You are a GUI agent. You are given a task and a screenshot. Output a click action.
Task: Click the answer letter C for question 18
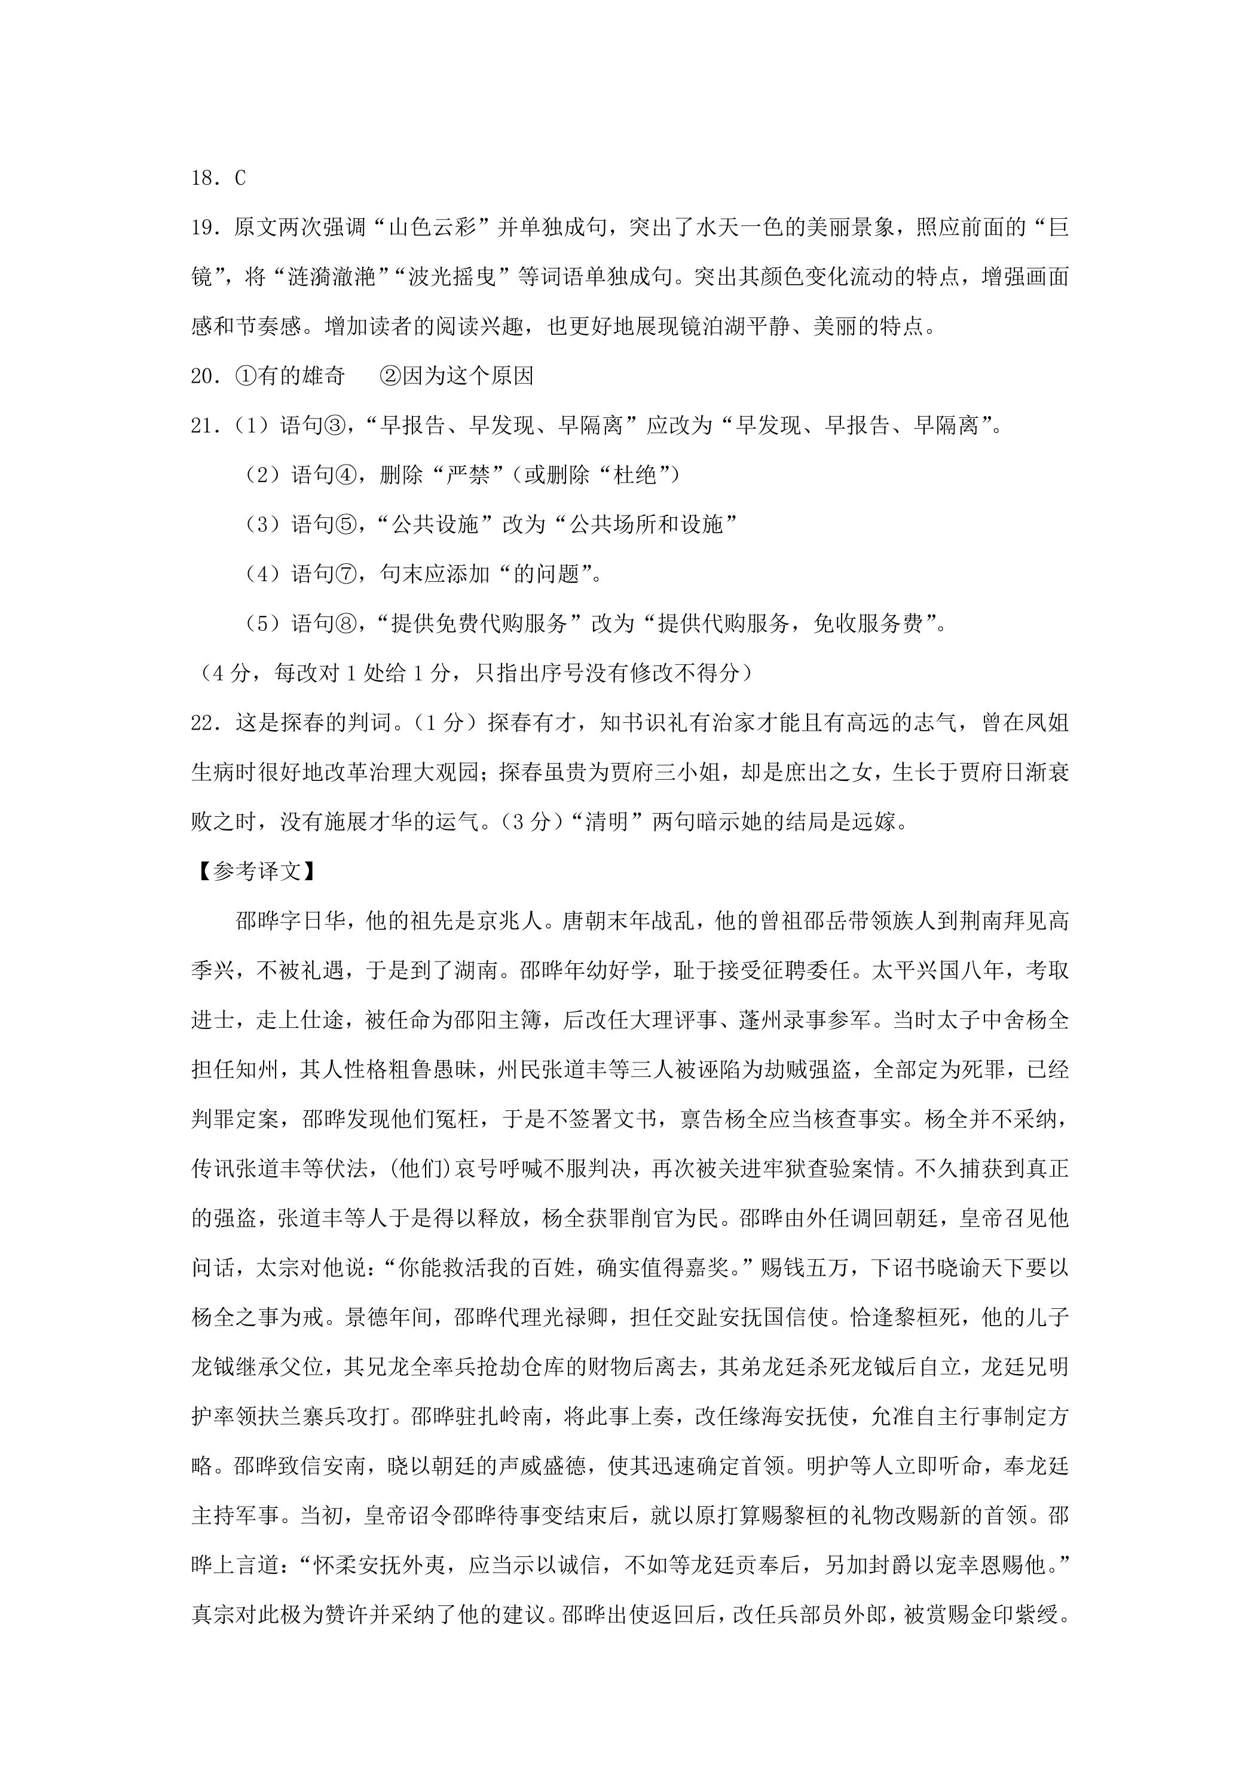(240, 179)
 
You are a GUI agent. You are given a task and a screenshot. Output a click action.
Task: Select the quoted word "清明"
(606, 822)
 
